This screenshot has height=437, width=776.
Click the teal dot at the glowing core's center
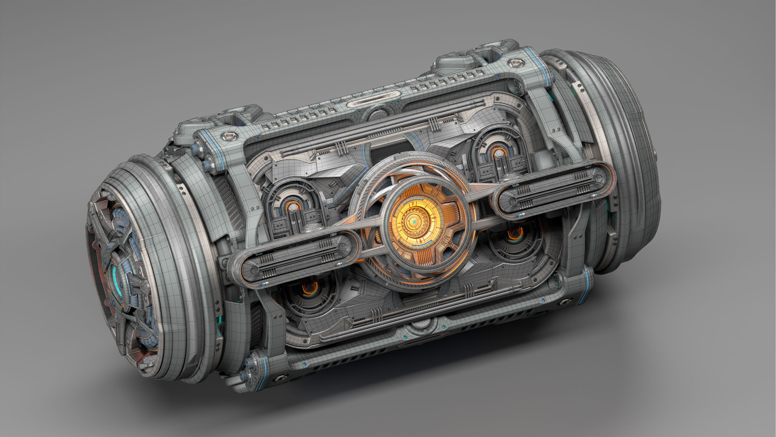click(x=414, y=222)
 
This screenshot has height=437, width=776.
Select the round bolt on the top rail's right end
click(x=515, y=63)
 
